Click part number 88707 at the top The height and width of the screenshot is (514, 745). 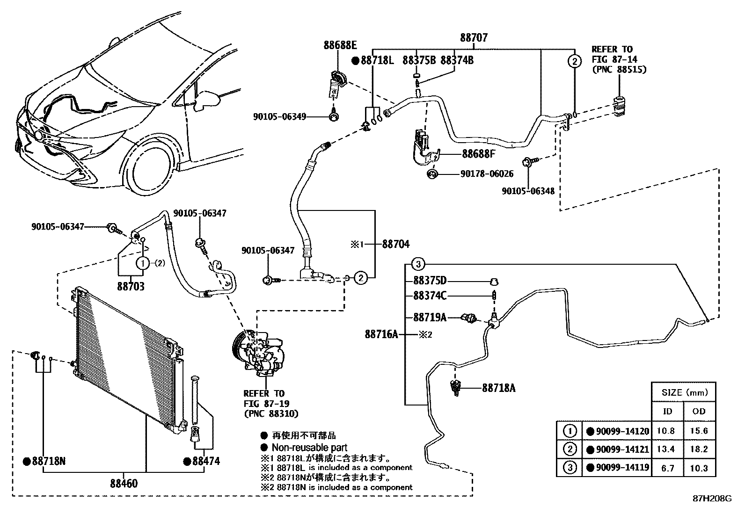[474, 37]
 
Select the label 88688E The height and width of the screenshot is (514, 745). [340, 45]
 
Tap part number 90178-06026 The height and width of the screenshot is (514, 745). [487, 174]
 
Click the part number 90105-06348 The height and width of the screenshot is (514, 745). [528, 191]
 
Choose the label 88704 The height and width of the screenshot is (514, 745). [395, 244]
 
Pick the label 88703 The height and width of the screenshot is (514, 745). [131, 286]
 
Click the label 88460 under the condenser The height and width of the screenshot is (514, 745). [124, 483]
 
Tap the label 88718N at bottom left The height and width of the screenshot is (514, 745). [49, 461]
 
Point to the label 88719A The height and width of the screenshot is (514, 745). [430, 318]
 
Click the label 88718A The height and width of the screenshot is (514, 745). [499, 388]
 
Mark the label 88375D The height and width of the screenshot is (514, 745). [430, 281]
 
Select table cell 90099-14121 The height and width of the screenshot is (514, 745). [622, 449]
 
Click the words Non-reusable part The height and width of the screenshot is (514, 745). [309, 448]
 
